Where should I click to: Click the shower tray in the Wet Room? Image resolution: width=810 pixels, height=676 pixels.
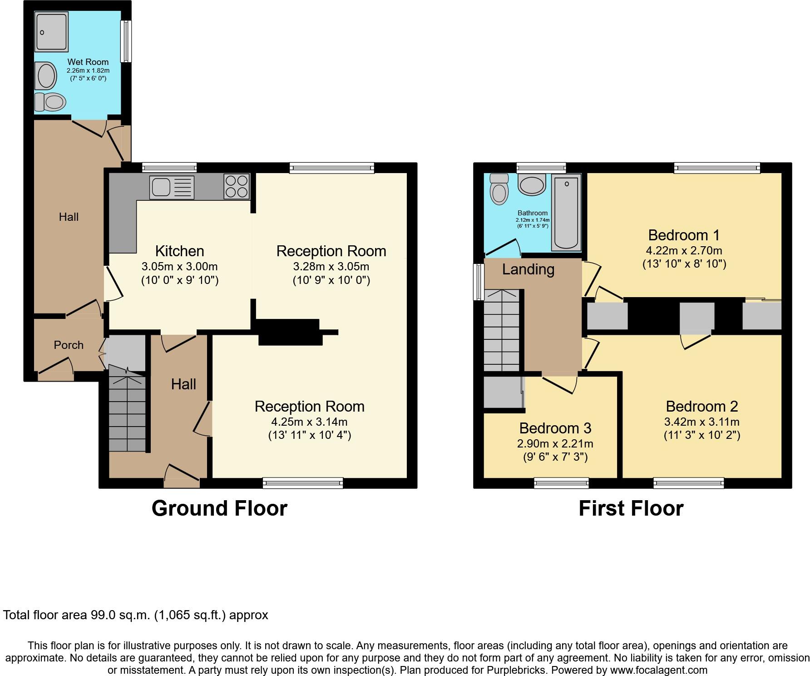coord(52,31)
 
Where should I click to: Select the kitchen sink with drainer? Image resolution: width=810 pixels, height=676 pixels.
coord(172,187)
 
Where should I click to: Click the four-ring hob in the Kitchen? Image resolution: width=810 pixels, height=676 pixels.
coord(237,186)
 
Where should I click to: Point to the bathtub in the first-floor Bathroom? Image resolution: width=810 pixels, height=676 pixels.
coord(566,212)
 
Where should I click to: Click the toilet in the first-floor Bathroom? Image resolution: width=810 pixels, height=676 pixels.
coord(499,189)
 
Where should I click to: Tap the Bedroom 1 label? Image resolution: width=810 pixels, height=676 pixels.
coord(684,235)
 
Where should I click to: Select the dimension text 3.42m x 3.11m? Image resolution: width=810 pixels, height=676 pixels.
coord(701,422)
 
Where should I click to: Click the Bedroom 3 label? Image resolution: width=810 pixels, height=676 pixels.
coord(555,428)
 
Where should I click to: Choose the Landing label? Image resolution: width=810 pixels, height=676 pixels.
coord(528,269)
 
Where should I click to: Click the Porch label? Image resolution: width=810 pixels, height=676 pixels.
coord(69,345)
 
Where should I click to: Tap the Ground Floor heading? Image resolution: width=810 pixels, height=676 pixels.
coord(219,508)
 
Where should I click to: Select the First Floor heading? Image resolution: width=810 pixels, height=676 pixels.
coord(631,508)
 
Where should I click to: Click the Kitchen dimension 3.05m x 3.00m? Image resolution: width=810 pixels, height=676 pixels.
coord(179,266)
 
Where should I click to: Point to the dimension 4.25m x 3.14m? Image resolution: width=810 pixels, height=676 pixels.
coord(309,422)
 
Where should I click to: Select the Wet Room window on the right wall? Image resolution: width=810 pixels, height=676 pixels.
coord(126,41)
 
